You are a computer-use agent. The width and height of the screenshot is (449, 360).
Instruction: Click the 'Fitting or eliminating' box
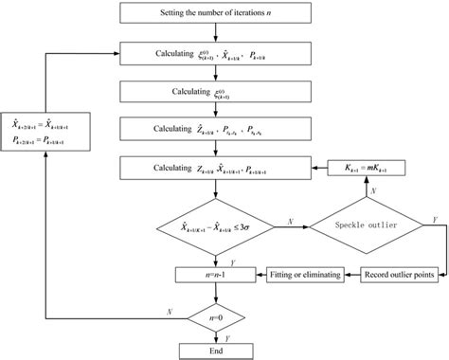pyautogui.click(x=297, y=275)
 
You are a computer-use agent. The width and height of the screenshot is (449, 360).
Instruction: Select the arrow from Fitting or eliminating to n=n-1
pyautogui.click(x=255, y=275)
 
